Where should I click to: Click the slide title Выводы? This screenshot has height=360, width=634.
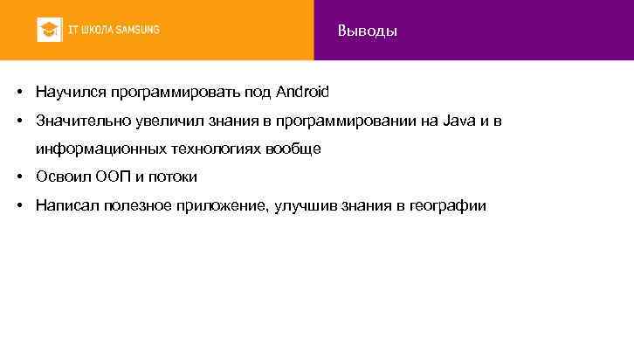(x=367, y=31)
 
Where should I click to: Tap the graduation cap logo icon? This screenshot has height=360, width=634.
(x=48, y=30)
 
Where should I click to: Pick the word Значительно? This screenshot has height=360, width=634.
(x=76, y=120)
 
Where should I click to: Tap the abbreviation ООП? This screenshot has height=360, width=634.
(x=110, y=177)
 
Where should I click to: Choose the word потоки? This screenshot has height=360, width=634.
(x=173, y=177)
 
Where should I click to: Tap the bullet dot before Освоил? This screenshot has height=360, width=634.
(x=18, y=177)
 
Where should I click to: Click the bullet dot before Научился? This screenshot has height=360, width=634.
(x=18, y=91)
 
